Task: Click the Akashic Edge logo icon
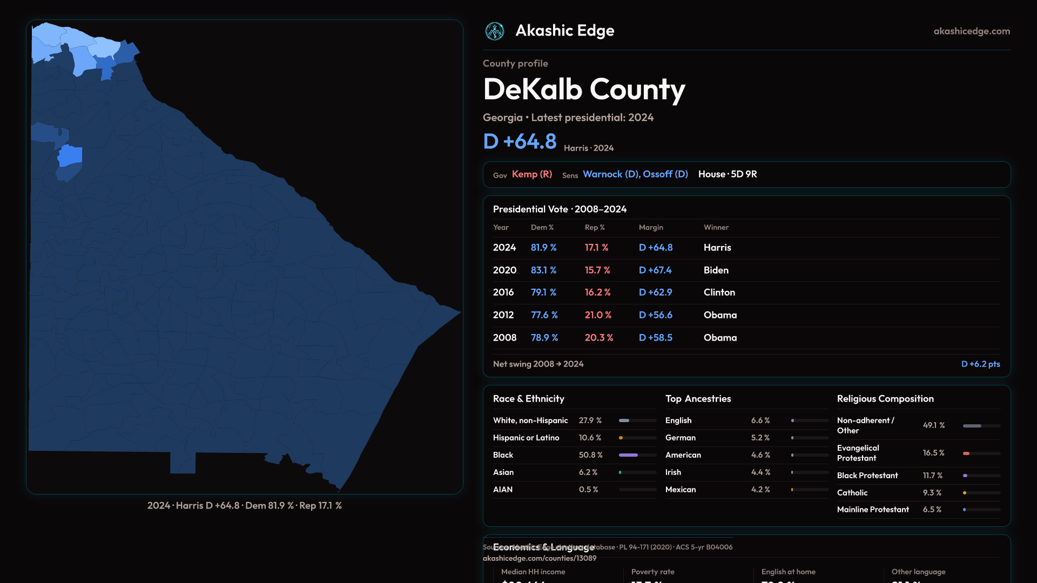(x=494, y=31)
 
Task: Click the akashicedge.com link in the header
(x=972, y=31)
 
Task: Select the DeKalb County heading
(x=584, y=90)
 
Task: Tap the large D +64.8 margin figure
(x=520, y=141)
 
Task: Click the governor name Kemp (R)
(x=532, y=174)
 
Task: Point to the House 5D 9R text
(x=728, y=174)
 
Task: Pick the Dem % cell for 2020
(x=543, y=270)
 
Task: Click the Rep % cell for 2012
(x=598, y=315)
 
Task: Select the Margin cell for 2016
(x=655, y=292)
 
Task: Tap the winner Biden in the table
(x=716, y=270)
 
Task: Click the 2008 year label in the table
(x=504, y=337)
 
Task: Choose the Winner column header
(x=716, y=227)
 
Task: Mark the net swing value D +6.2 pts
(x=980, y=364)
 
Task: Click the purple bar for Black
(x=628, y=455)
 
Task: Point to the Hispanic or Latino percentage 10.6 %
(x=590, y=438)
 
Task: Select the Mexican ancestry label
(x=681, y=490)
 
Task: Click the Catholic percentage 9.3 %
(x=932, y=493)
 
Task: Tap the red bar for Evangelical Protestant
(x=966, y=453)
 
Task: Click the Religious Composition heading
(x=885, y=399)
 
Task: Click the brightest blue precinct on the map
(x=70, y=156)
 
